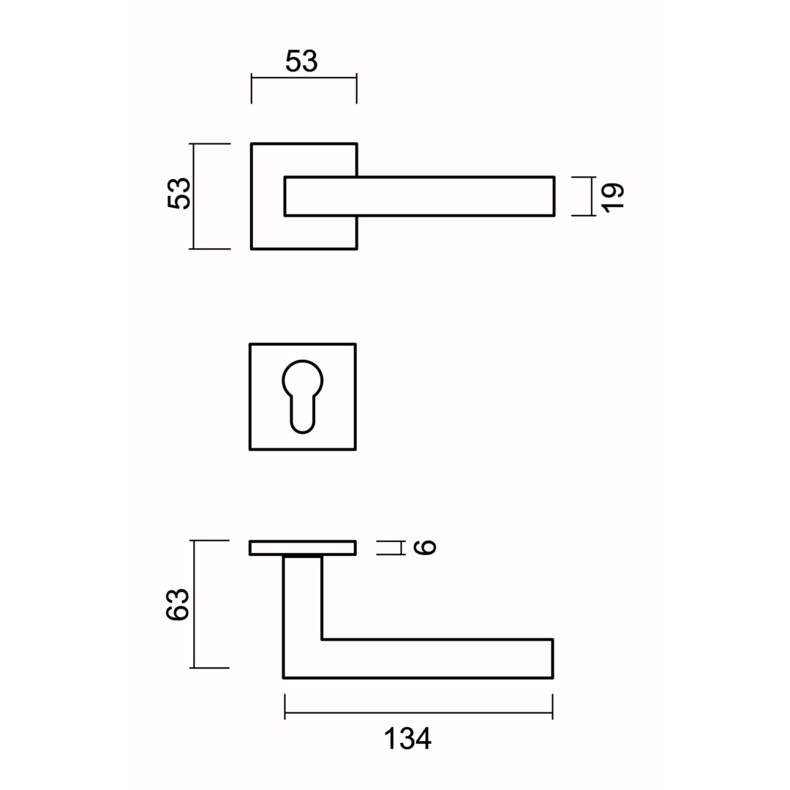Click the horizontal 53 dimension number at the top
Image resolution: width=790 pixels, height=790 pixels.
301,61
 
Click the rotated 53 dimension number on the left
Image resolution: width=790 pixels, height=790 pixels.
179,193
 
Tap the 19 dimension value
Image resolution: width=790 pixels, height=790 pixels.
613,197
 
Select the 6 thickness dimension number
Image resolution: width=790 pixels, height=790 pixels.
424,547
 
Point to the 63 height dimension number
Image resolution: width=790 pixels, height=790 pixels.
178,604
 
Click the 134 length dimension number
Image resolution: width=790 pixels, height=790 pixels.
407,739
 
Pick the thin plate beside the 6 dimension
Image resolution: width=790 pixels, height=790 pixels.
303,548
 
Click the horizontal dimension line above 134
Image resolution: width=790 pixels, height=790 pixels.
418,713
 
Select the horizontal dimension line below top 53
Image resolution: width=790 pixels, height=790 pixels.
304,78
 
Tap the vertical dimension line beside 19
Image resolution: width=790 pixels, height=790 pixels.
593,196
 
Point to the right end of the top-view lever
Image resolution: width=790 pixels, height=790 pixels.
554,196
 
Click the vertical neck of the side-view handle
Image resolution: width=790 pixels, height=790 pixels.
302,598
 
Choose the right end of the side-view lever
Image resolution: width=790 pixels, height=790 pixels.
553,658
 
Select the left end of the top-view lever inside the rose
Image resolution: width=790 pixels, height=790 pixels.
285,196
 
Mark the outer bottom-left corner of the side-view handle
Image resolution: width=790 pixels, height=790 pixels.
283,678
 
